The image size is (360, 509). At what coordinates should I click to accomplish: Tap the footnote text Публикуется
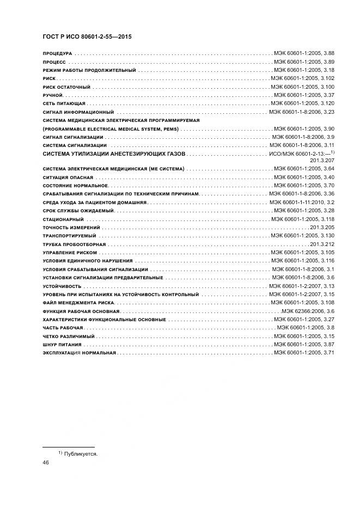click(x=80, y=453)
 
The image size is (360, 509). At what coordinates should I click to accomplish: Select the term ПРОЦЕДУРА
click(x=57, y=54)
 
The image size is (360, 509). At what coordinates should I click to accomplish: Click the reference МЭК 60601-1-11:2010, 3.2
click(x=302, y=202)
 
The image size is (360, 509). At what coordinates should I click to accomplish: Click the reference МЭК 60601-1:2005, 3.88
click(x=304, y=54)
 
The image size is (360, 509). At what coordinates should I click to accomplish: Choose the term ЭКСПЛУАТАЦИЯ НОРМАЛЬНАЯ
click(x=79, y=353)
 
